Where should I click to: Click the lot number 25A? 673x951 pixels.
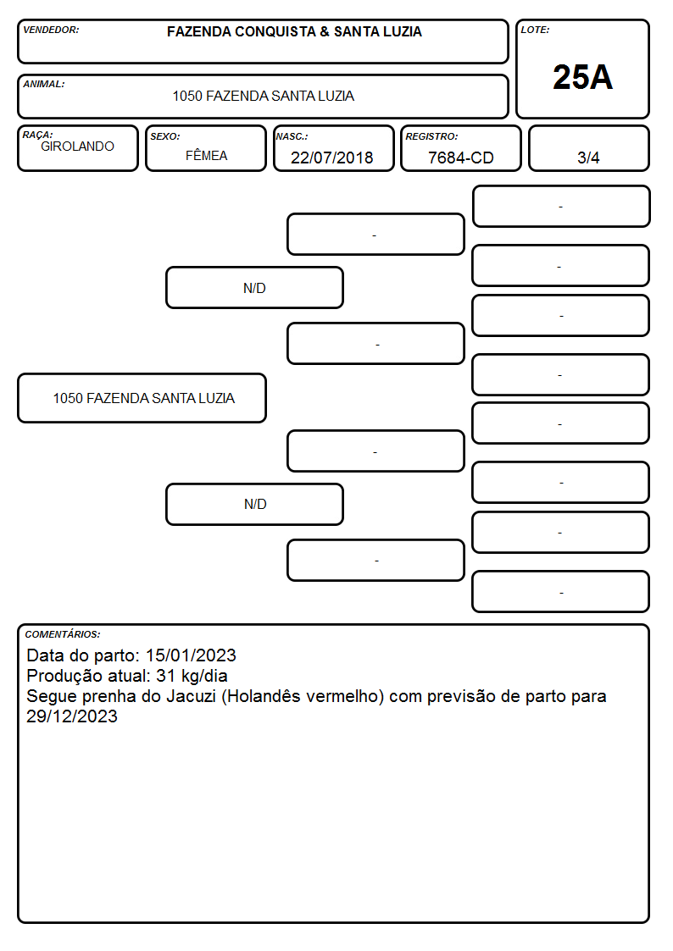(x=582, y=77)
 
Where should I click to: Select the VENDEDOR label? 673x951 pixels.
(x=51, y=30)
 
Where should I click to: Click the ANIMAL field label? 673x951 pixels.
(x=44, y=84)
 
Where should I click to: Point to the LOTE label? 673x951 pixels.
(x=535, y=30)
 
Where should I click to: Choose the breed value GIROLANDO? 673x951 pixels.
(x=77, y=147)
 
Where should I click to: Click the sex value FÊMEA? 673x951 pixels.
(x=206, y=156)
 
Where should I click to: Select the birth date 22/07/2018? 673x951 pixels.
(x=332, y=158)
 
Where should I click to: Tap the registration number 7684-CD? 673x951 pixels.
(x=460, y=158)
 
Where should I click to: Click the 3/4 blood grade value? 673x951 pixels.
(x=588, y=158)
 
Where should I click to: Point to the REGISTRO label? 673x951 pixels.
(x=431, y=136)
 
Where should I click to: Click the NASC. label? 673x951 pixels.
(x=292, y=136)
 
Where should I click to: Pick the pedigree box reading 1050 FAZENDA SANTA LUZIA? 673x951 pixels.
(x=142, y=398)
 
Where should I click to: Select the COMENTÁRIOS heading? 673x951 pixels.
(x=63, y=634)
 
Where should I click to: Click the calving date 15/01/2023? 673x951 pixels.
(x=191, y=655)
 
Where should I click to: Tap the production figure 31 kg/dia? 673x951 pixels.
(x=192, y=676)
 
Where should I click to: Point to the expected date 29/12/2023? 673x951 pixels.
(x=71, y=716)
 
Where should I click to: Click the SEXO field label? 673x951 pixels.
(x=165, y=136)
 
